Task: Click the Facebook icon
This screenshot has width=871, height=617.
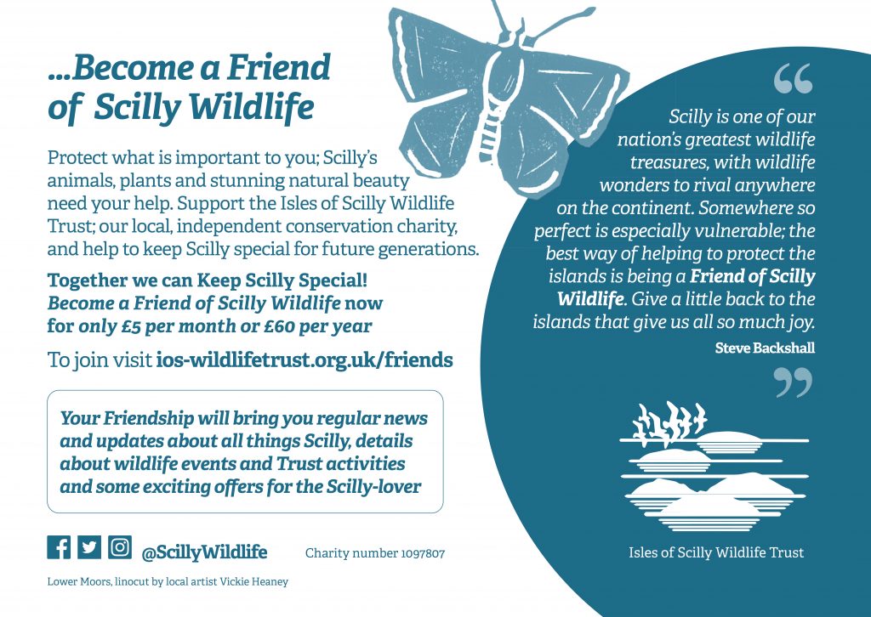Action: (x=59, y=547)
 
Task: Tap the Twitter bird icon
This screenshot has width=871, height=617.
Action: (x=88, y=547)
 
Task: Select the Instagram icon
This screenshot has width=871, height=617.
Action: (x=119, y=547)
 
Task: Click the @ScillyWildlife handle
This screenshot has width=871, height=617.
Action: (x=204, y=552)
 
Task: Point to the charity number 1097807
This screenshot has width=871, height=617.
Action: (x=375, y=553)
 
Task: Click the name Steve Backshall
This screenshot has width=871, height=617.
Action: (x=765, y=348)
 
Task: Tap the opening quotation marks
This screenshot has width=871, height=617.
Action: (x=794, y=78)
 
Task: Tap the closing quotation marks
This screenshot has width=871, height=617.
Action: (x=794, y=383)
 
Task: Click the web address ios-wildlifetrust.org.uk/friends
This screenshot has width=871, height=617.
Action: (x=305, y=360)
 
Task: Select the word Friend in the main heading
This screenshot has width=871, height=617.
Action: (x=279, y=67)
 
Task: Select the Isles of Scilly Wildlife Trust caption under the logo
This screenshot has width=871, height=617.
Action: (x=716, y=552)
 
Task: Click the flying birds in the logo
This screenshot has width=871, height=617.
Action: (x=670, y=422)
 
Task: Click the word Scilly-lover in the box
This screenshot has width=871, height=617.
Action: (x=374, y=487)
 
